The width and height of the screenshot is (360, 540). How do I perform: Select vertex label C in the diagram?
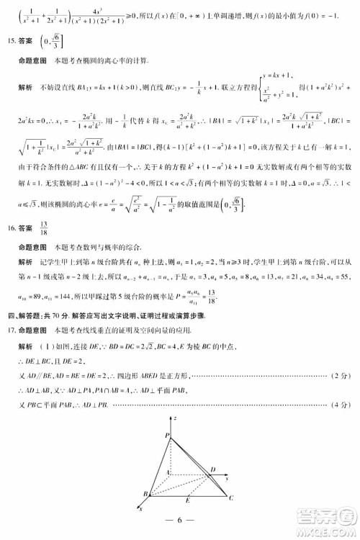[x=231, y=498]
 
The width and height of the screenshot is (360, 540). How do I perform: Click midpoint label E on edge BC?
[x=188, y=501]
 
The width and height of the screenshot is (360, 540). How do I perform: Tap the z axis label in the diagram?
[x=176, y=418]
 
